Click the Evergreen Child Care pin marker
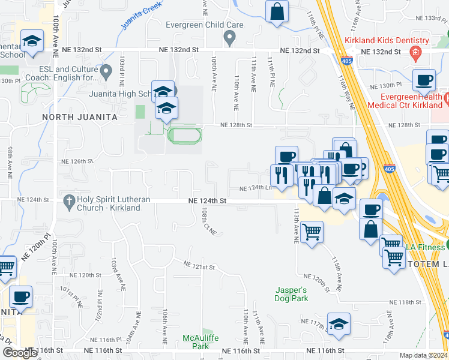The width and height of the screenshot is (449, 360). click(x=229, y=38)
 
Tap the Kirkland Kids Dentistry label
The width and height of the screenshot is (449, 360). click(x=387, y=41)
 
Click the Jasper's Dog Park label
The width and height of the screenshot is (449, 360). click(x=292, y=293)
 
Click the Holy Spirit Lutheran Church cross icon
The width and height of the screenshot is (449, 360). click(x=69, y=200)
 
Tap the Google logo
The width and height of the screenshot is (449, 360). click(x=20, y=353)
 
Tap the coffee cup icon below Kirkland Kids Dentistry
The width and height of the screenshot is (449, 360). click(x=424, y=79)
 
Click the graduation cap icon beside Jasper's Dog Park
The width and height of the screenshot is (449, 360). click(x=339, y=323)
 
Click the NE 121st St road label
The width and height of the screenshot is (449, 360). click(x=199, y=265)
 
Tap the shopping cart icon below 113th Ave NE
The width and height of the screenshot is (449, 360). click(x=312, y=231)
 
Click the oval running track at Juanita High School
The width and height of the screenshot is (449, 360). click(x=185, y=135)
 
